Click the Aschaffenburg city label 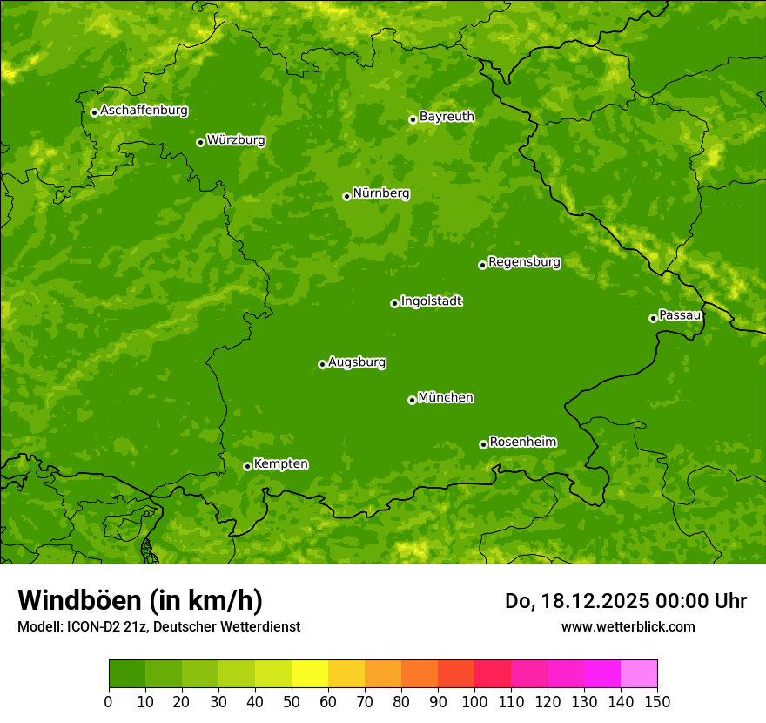144,111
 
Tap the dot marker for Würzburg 200,142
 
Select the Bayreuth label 447,116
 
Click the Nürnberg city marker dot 346,196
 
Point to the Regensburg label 524,261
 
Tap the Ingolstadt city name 431,301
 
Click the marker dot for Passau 653,318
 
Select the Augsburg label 357,361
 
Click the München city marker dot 412,400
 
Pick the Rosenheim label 522,442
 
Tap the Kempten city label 280,463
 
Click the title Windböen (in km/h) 140,600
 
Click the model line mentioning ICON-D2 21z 158,626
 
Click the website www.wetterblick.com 628,626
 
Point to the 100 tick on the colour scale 474,701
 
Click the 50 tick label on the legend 292,701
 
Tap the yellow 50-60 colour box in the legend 310,674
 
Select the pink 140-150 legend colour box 639,674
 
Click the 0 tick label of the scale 109,701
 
